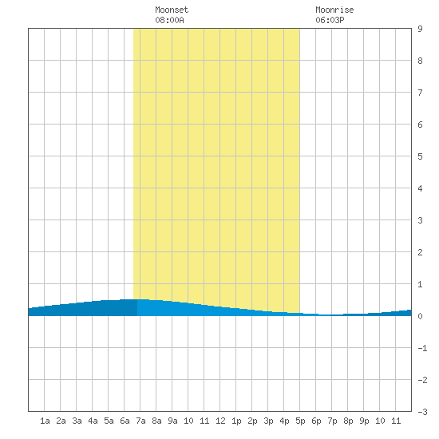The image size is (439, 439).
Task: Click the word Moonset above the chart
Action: [x=172, y=10]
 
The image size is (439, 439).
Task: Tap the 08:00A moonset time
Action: [x=169, y=20]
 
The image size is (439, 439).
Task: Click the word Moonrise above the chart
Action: [x=334, y=10]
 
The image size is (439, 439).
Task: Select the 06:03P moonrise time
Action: [x=330, y=20]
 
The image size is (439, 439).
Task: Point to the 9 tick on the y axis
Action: [x=420, y=29]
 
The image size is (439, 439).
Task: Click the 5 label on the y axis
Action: [x=420, y=156]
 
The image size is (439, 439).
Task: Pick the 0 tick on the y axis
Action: [x=420, y=316]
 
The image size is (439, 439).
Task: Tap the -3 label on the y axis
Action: [x=422, y=412]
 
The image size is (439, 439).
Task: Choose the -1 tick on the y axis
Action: [x=422, y=348]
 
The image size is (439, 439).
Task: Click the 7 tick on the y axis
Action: [x=420, y=93]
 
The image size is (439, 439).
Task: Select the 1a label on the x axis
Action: [x=45, y=421]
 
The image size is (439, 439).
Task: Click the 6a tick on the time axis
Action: [x=125, y=421]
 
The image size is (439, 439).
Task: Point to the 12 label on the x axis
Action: [x=220, y=421]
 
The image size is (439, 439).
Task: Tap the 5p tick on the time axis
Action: [x=300, y=421]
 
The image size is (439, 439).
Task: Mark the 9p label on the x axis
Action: [x=364, y=421]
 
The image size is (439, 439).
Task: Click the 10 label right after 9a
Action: [x=188, y=421]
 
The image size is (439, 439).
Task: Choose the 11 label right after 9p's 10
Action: [x=396, y=421]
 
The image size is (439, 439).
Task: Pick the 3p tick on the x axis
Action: [x=268, y=421]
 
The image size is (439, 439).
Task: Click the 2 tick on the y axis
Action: [x=420, y=252]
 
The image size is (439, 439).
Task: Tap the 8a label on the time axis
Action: [x=156, y=421]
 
